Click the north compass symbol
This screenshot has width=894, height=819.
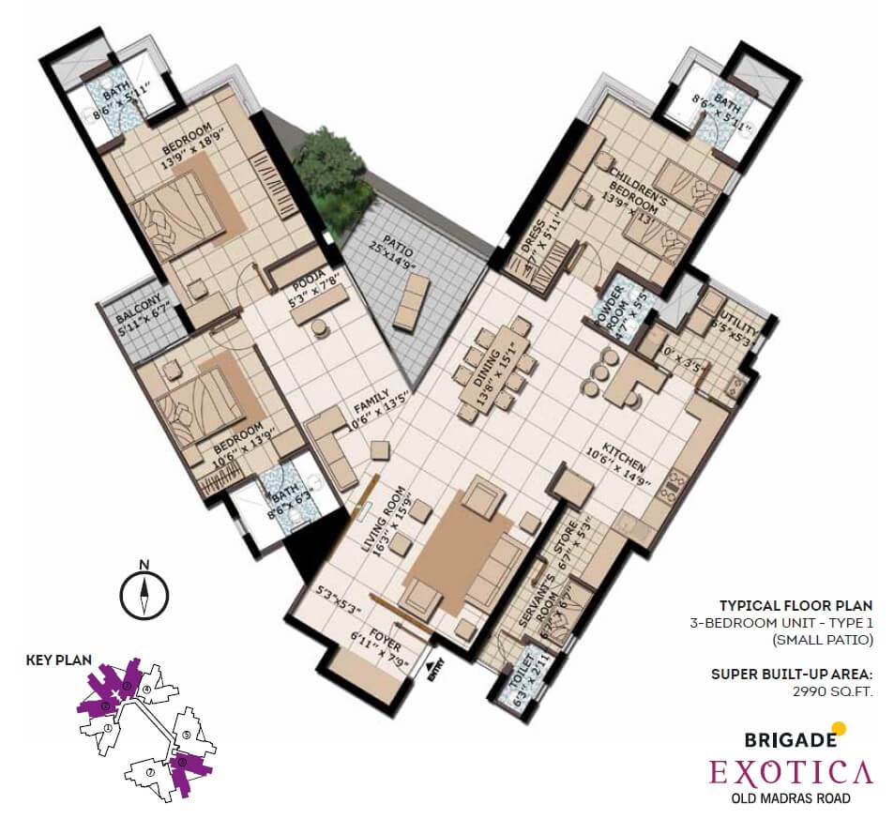[144, 593]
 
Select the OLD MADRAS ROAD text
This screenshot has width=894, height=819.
[790, 799]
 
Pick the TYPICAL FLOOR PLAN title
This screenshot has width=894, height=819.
[796, 605]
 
